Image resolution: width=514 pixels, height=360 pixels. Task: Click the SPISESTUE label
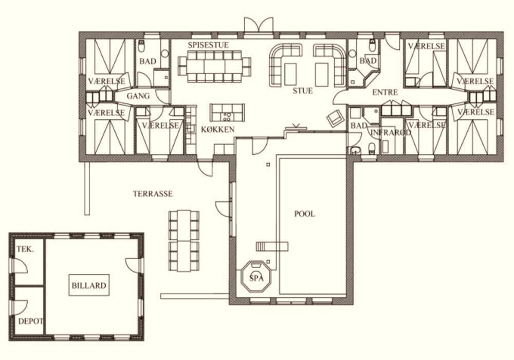pyautogui.click(x=208, y=45)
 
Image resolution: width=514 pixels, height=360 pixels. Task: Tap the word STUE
pyautogui.click(x=303, y=91)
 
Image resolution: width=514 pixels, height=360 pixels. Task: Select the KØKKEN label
pyautogui.click(x=217, y=129)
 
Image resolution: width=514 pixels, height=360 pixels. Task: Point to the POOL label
pyautogui.click(x=304, y=214)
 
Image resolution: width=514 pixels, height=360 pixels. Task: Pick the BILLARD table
pyautogui.click(x=89, y=285)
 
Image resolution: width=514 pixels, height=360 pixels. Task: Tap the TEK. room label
pyautogui.click(x=25, y=249)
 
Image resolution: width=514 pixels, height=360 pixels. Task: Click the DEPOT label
pyautogui.click(x=30, y=321)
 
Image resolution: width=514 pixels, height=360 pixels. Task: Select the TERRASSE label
pyautogui.click(x=153, y=194)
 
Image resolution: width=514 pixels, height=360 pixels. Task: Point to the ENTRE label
pyautogui.click(x=385, y=93)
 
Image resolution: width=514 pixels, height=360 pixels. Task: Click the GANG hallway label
pyautogui.click(x=138, y=96)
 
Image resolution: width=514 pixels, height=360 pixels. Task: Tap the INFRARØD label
pyautogui.click(x=391, y=133)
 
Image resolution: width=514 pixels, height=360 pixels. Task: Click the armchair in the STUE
pyautogui.click(x=335, y=118)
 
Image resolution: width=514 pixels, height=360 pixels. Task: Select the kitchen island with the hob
pyautogui.click(x=227, y=113)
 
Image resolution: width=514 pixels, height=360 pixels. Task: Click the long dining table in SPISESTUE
pyautogui.click(x=215, y=66)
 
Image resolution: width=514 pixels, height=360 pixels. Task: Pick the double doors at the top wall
pyautogui.click(x=259, y=25)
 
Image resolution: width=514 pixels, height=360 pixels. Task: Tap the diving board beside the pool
pyautogui.click(x=272, y=246)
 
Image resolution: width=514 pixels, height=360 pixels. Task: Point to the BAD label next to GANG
pyautogui.click(x=148, y=61)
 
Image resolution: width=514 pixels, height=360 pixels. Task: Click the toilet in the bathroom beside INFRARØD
pyautogui.click(x=372, y=149)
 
